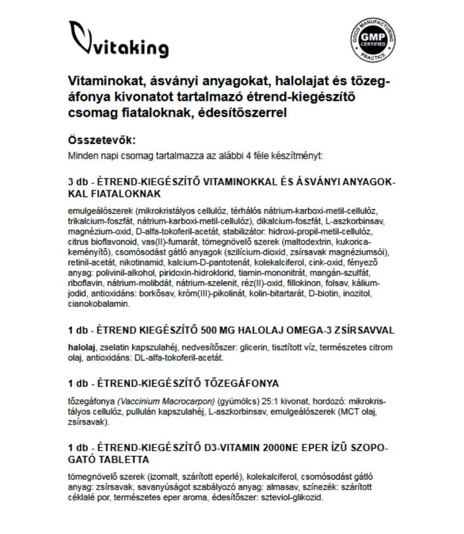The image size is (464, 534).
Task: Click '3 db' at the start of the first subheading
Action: point(78,182)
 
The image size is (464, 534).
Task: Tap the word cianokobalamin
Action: point(99,304)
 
